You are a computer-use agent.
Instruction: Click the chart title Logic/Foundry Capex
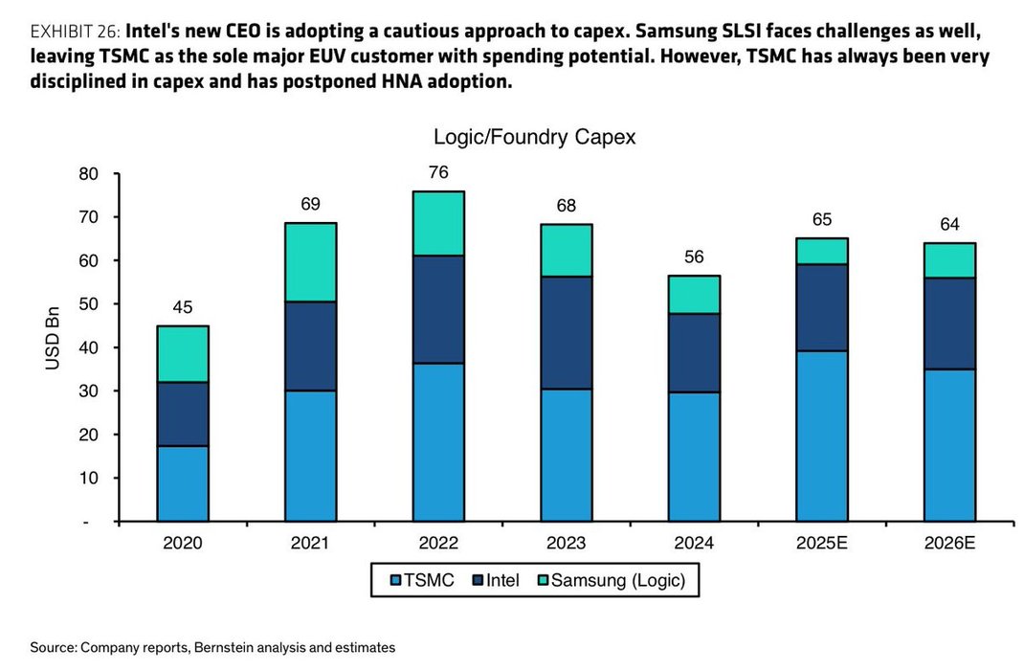(534, 137)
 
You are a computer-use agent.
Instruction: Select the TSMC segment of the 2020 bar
(183, 483)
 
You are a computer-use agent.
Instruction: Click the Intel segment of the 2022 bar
(438, 309)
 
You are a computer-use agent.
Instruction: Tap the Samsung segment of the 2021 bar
(311, 262)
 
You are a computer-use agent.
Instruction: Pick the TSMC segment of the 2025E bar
(821, 435)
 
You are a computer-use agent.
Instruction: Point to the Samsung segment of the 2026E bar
(948, 260)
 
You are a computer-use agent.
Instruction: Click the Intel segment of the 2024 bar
(693, 352)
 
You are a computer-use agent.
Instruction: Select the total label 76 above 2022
(438, 173)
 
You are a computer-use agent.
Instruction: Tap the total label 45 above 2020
(183, 308)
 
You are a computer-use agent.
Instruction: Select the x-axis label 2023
(566, 544)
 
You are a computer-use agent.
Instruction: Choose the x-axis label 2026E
(948, 544)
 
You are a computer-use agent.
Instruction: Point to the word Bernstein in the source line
(224, 648)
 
